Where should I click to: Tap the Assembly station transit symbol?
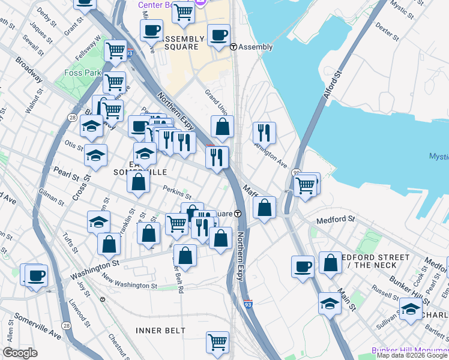[234, 47]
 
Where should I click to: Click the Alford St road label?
[333, 86]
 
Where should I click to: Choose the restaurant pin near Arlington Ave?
[264, 131]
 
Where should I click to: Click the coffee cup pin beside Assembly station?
[218, 35]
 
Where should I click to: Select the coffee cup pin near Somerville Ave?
[35, 275]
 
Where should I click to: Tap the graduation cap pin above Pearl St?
[95, 156]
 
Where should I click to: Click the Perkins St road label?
[177, 193]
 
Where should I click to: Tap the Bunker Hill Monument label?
[409, 350]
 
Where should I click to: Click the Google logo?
[20, 353]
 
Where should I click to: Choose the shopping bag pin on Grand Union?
[222, 127]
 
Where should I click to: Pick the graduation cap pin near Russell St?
[330, 304]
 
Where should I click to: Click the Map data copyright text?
[412, 356]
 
